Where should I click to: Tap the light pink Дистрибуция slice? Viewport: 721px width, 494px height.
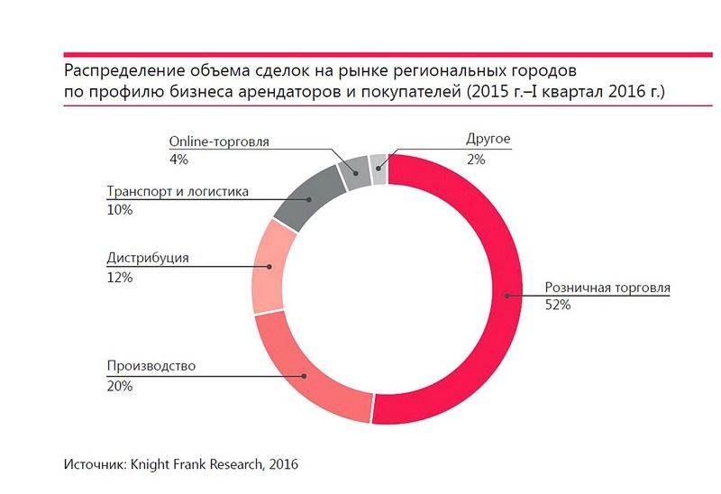tap(269, 268)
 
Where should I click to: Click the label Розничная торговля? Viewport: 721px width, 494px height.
tap(607, 289)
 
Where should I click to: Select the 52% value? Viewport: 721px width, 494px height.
tap(557, 306)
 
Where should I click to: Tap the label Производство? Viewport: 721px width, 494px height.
tap(151, 367)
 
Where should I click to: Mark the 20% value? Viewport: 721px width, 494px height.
tap(120, 385)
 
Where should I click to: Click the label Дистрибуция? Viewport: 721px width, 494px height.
tap(147, 259)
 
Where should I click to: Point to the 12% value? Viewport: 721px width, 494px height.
tap(119, 277)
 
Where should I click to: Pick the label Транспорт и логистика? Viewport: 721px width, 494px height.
tap(177, 191)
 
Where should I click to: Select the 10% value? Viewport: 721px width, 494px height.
tap(119, 209)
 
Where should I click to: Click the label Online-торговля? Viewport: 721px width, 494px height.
tap(219, 142)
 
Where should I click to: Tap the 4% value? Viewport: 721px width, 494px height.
tap(177, 160)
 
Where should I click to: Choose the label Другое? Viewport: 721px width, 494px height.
tap(488, 141)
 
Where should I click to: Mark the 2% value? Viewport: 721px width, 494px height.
tap(476, 160)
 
